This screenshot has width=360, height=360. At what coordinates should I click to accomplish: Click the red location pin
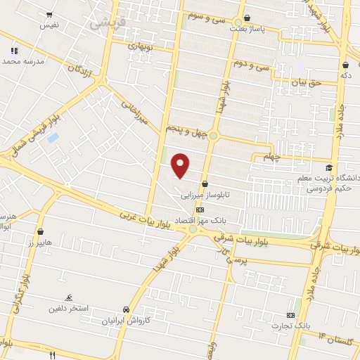tap(181, 165)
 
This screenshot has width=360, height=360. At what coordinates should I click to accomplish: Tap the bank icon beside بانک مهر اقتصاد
tap(200, 209)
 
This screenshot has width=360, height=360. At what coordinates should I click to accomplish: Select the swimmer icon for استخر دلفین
tap(69, 298)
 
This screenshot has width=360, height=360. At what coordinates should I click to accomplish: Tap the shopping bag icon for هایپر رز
tap(40, 231)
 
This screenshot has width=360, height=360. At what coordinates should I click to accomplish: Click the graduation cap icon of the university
tap(328, 167)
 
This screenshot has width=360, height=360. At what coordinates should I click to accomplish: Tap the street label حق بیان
tap(307, 82)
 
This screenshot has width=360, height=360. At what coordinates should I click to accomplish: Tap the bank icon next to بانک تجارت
tap(291, 315)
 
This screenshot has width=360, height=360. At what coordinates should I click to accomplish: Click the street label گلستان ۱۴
tap(339, 342)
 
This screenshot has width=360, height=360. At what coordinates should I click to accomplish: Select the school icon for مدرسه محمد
tap(13, 51)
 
